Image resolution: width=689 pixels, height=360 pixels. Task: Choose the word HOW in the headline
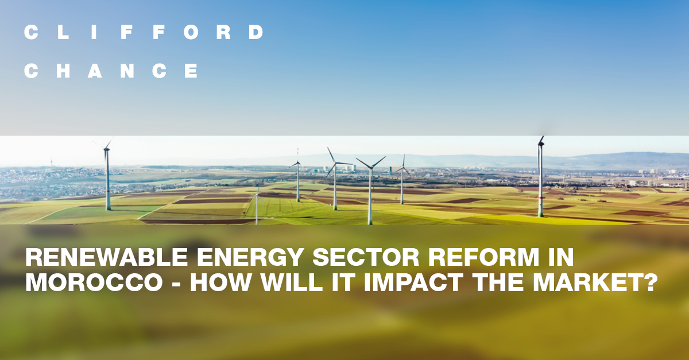(x=219, y=283)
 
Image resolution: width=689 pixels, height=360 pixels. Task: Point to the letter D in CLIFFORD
(x=256, y=33)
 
